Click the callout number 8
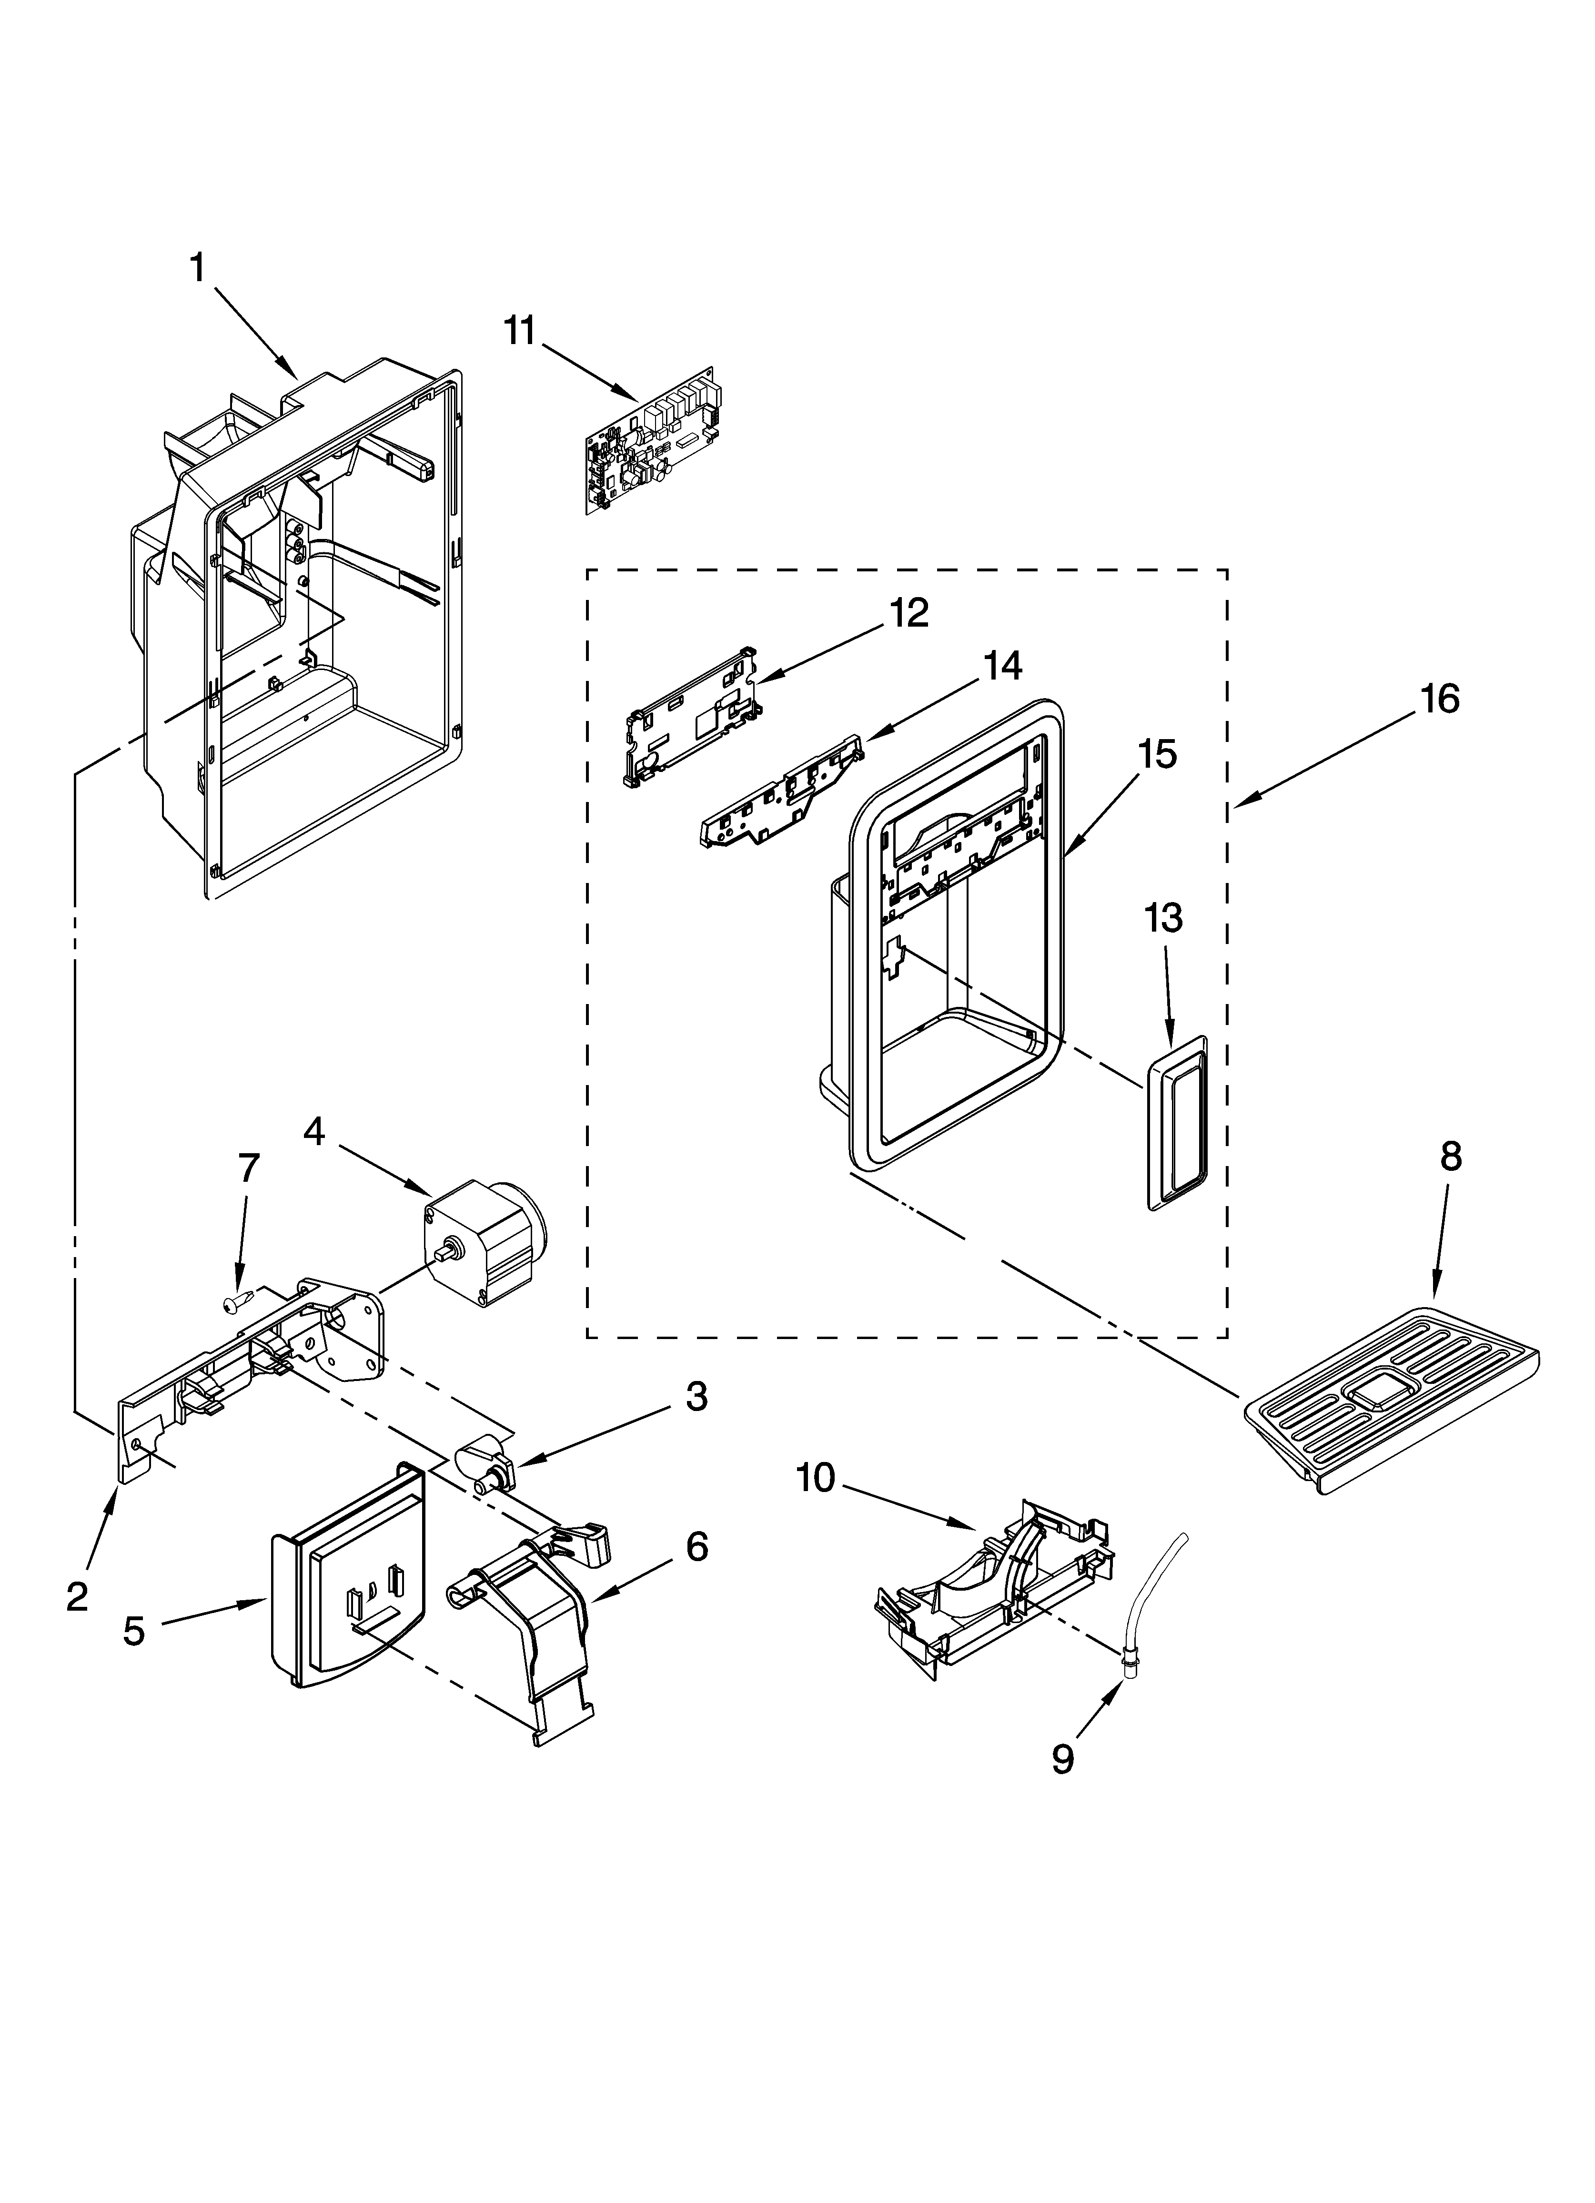click(x=1450, y=1157)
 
